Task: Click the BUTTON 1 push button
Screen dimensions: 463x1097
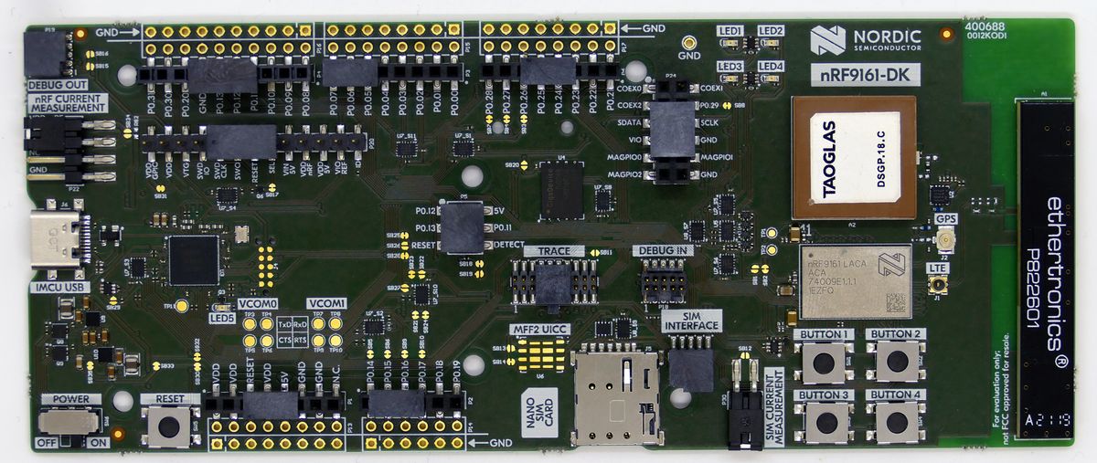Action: click(x=824, y=363)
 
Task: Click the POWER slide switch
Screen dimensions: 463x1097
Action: click(x=69, y=421)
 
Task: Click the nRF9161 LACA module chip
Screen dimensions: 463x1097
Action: click(x=855, y=278)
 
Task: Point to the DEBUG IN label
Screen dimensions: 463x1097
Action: click(x=662, y=250)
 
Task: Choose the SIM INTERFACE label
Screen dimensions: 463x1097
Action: click(x=690, y=321)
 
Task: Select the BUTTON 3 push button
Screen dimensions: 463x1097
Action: click(x=824, y=421)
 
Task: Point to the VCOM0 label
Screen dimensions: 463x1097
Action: click(x=256, y=304)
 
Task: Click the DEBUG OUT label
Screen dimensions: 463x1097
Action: click(x=50, y=85)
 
